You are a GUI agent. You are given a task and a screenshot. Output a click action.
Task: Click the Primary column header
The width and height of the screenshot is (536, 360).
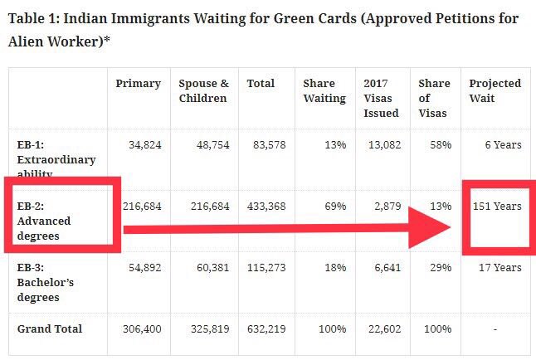pos(138,84)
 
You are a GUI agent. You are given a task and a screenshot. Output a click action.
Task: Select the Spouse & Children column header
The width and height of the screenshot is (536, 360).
pos(203,90)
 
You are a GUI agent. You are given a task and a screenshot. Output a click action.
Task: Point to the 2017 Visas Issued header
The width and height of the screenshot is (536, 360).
pos(381,98)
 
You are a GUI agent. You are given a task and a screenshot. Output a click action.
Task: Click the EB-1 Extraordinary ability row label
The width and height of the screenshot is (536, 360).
pos(56,159)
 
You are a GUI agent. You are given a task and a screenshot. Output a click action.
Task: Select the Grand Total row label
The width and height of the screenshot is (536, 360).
pos(50,329)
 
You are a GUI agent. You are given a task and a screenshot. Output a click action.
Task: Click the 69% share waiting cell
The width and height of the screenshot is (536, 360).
pos(335,206)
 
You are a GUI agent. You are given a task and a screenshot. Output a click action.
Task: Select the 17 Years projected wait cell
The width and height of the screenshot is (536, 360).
pos(500,267)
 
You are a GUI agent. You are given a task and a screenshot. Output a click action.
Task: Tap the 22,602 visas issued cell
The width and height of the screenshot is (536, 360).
pos(383,329)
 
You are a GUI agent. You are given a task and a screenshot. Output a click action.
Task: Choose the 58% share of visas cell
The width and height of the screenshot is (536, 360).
pos(441,145)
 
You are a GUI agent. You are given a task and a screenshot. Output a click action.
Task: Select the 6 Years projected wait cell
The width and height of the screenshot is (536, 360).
pos(504,145)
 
